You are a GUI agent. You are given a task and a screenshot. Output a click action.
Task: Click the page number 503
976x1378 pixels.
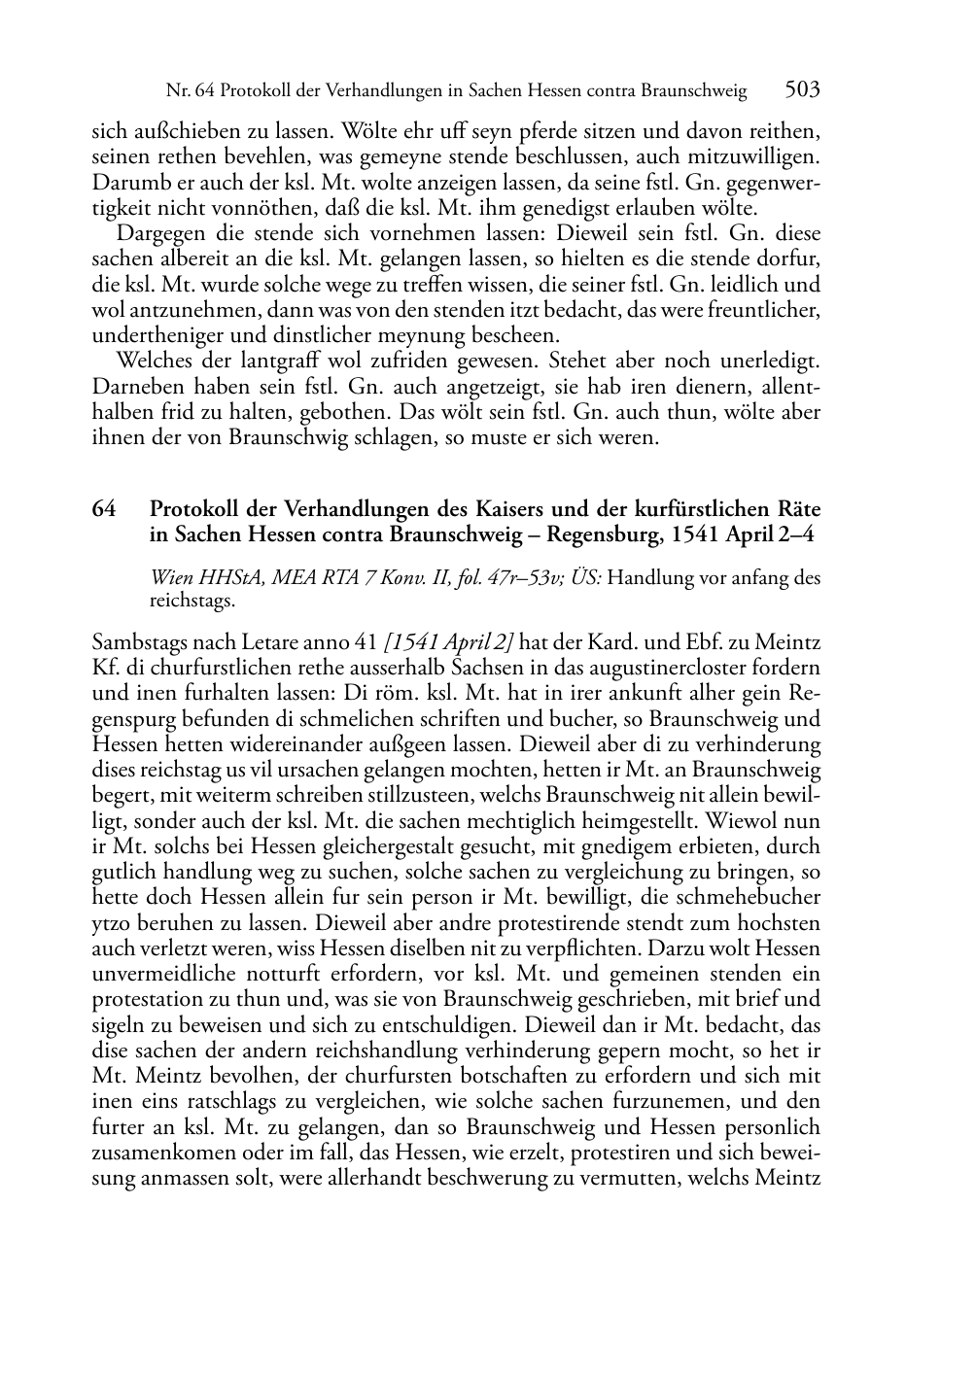[803, 90]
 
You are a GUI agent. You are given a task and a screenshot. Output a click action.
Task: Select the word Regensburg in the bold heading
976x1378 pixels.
[604, 534]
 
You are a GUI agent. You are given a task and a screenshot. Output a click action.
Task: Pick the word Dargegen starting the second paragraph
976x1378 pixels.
[157, 234]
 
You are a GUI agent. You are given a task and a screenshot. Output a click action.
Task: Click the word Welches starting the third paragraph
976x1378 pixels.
[152, 361]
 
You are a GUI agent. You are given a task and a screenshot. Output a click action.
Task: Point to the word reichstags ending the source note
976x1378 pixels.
[192, 602]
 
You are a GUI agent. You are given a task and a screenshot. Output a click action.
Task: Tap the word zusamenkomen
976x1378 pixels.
[160, 1153]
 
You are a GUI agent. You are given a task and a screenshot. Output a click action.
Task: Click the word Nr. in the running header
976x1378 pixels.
[177, 92]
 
